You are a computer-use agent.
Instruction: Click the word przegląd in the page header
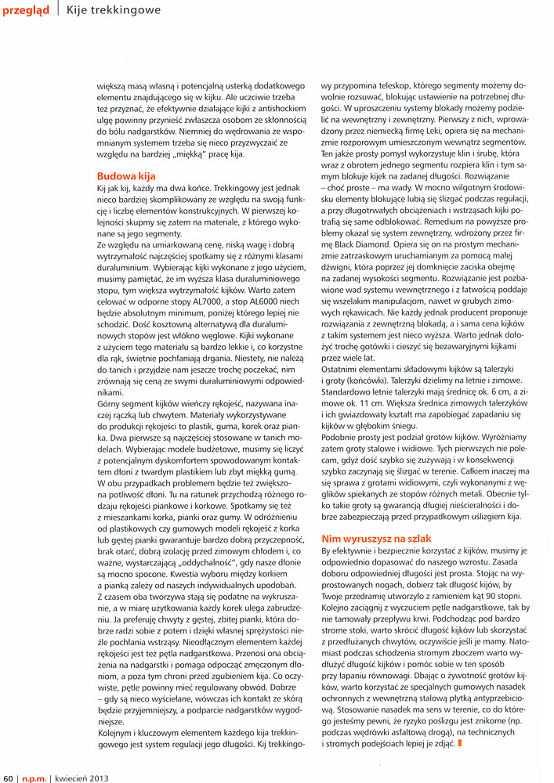(x=26, y=10)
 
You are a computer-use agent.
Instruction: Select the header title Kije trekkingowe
(x=113, y=10)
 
